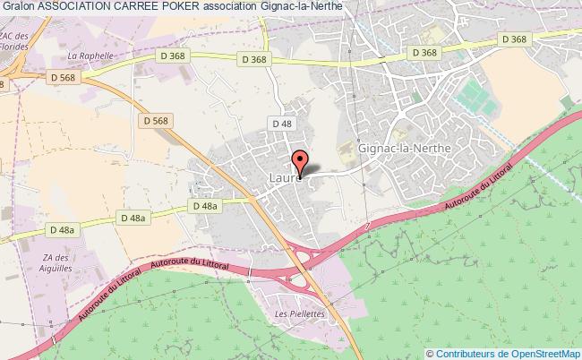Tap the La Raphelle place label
pyautogui.click(x=90, y=55)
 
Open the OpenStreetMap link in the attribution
pyautogui.click(x=545, y=352)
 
